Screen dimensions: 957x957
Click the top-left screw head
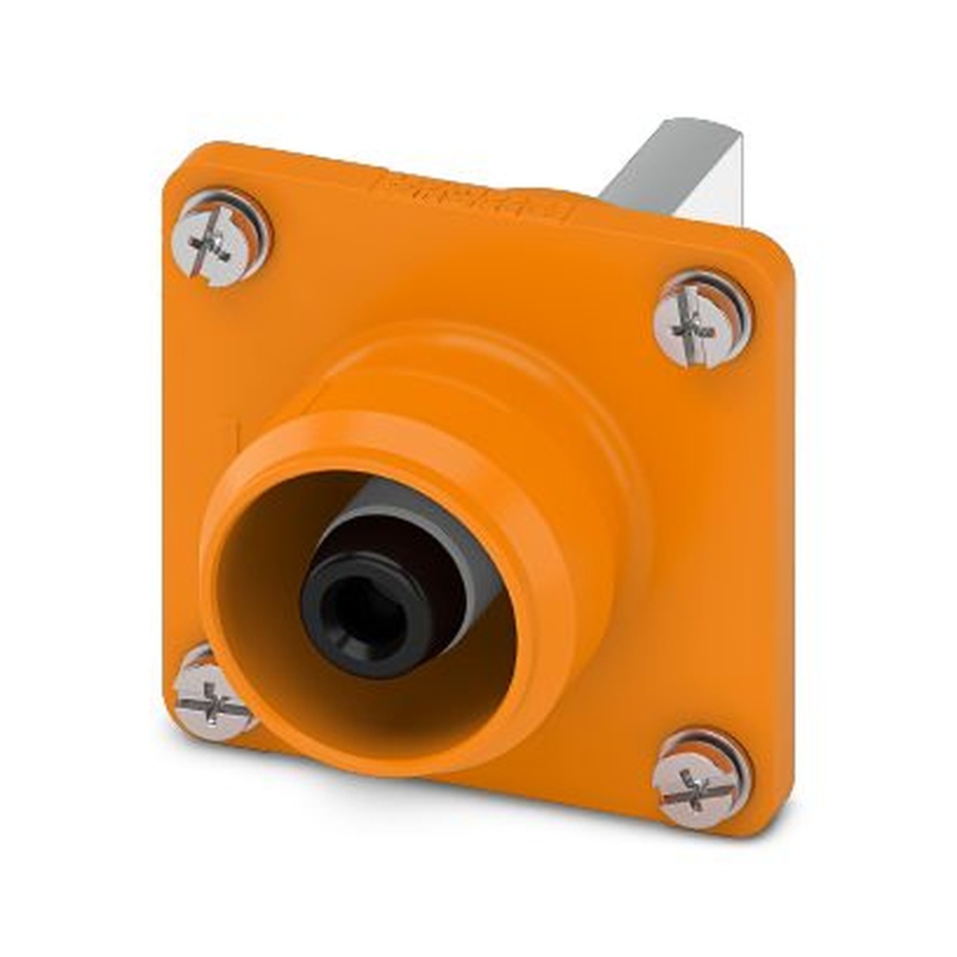220,238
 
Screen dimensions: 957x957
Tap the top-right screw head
701,321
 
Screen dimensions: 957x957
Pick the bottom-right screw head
701,777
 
